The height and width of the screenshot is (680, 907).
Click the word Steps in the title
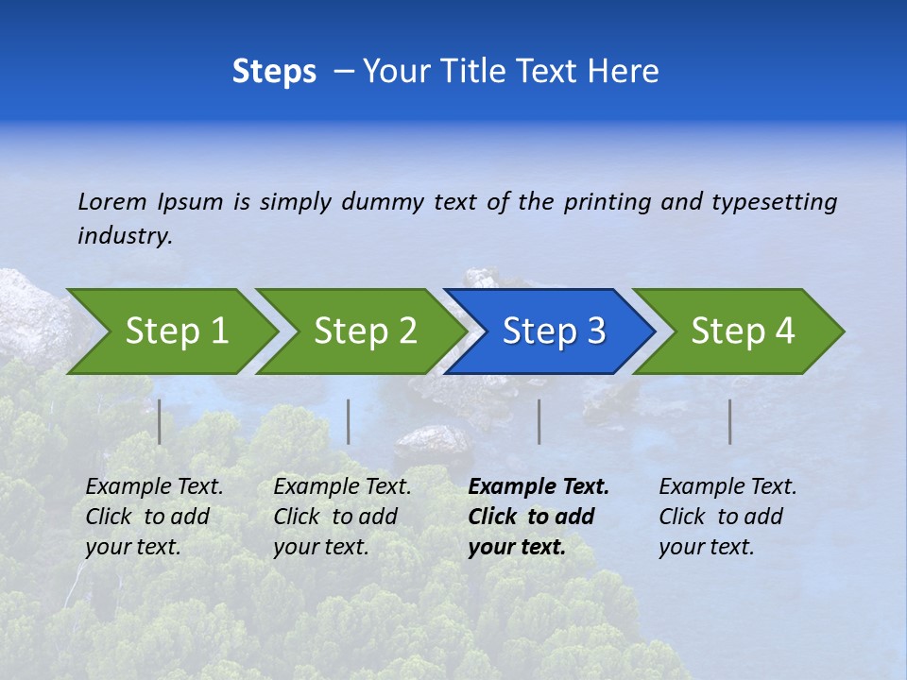tap(274, 72)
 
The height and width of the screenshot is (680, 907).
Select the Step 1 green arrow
tap(176, 331)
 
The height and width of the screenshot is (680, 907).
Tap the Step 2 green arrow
tap(365, 331)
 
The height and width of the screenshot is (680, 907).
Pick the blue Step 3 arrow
tap(553, 331)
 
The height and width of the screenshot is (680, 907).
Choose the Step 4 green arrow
tap(742, 331)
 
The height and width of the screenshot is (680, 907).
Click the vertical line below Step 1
tap(160, 421)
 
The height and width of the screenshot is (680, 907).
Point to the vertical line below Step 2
tap(349, 421)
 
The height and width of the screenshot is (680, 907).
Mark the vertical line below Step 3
tap(539, 421)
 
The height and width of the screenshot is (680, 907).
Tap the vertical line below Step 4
tap(730, 421)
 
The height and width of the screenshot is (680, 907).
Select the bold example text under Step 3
tap(538, 517)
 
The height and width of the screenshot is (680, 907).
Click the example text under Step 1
tap(154, 517)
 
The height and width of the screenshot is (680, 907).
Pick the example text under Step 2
tap(342, 517)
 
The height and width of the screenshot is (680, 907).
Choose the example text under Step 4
tap(727, 517)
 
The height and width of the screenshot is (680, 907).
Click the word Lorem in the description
tap(112, 201)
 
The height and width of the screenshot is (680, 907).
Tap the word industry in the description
tap(124, 236)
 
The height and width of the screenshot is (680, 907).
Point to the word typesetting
tap(774, 202)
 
